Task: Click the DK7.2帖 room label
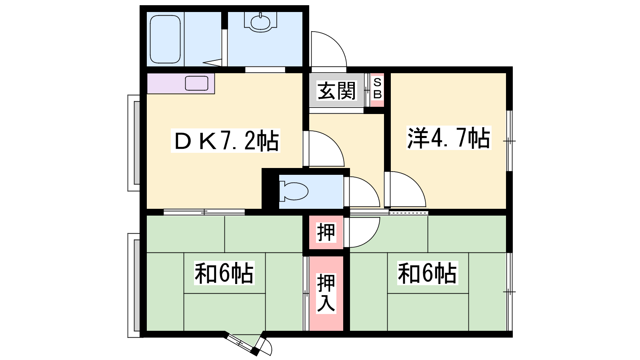coord(226,140)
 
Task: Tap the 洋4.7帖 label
coord(449,138)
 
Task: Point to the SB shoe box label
coord(378,88)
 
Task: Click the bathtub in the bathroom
coord(165,39)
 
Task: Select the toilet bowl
coord(294,191)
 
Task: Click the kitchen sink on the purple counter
coord(196,83)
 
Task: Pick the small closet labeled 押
coord(326,232)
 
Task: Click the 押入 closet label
coord(326,293)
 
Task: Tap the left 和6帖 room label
coord(224,273)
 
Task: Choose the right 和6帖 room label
coord(428,273)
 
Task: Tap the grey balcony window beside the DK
coord(137,143)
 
